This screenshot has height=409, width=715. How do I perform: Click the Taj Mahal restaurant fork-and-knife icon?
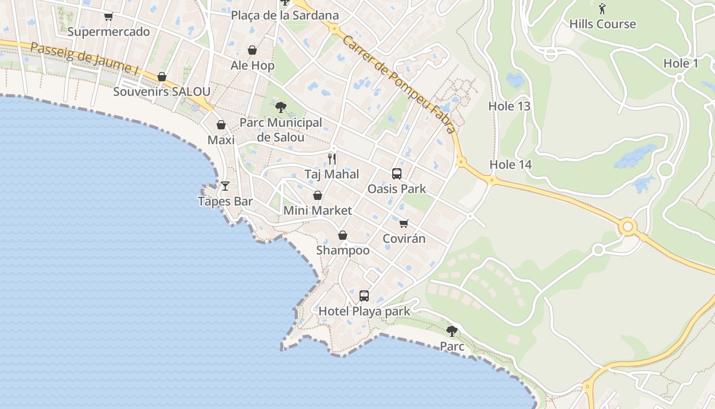pos(332,158)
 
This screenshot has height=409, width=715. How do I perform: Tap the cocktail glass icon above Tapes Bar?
pos(225,186)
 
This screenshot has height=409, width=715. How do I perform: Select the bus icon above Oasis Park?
pos(397,173)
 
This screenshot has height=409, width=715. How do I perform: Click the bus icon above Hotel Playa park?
pos(364,296)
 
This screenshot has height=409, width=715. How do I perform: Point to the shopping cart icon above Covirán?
pos(404,223)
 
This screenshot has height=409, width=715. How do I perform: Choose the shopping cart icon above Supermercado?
pos(108,16)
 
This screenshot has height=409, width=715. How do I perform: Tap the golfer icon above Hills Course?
pos(602,8)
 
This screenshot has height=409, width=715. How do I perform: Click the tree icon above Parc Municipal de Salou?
pos(280,107)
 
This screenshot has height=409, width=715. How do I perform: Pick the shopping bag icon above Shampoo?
pos(343,235)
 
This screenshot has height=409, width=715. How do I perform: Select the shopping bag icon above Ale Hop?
pos(252,50)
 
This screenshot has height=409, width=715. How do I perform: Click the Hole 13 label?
pos(509,106)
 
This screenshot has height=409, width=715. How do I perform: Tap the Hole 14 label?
pos(511,165)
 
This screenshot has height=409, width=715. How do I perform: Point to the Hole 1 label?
pos(681,63)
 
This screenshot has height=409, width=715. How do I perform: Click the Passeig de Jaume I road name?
pos(84,58)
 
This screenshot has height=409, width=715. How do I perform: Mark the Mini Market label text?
pos(318,210)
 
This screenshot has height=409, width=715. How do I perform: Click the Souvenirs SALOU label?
pos(161,92)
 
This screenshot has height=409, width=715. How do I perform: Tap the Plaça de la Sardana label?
pos(285,15)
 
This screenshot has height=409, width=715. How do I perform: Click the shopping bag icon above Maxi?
pos(221,125)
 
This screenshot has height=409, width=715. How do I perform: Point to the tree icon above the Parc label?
pos(451,331)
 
